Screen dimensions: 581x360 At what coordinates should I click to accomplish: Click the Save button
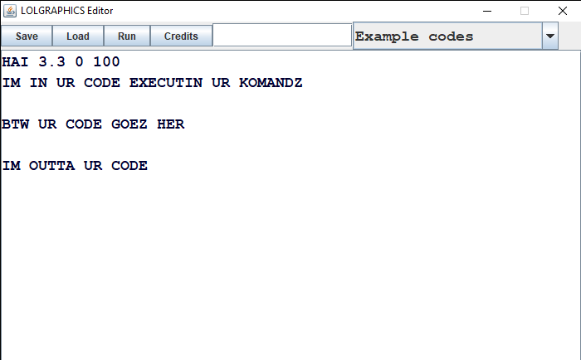tap(27, 36)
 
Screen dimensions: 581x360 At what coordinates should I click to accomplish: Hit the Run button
tap(127, 36)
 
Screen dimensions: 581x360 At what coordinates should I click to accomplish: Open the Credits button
tap(181, 36)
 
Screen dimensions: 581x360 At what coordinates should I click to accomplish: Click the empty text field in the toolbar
tap(282, 35)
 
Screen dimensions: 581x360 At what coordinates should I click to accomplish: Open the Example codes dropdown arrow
tap(550, 36)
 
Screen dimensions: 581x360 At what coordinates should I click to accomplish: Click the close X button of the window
tap(563, 11)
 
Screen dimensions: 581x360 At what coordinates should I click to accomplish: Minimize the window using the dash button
tap(487, 11)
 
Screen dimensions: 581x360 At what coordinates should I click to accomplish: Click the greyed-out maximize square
tap(525, 11)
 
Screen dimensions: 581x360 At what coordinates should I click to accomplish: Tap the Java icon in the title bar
tap(10, 11)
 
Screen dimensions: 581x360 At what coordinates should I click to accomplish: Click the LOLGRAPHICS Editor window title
tap(66, 11)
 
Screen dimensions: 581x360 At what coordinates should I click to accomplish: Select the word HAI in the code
tap(15, 61)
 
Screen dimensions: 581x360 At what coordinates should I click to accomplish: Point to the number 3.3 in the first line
tap(51, 61)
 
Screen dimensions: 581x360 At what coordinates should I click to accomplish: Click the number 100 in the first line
tap(106, 61)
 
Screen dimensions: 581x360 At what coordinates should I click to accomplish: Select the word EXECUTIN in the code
tap(166, 83)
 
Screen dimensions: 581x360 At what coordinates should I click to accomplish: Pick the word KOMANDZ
tap(271, 83)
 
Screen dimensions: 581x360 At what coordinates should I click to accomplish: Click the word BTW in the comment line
tap(15, 124)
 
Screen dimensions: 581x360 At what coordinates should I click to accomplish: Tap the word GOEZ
tap(129, 124)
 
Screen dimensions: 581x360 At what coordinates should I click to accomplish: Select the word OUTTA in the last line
tap(51, 166)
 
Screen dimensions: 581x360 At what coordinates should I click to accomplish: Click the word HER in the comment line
tap(170, 124)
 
